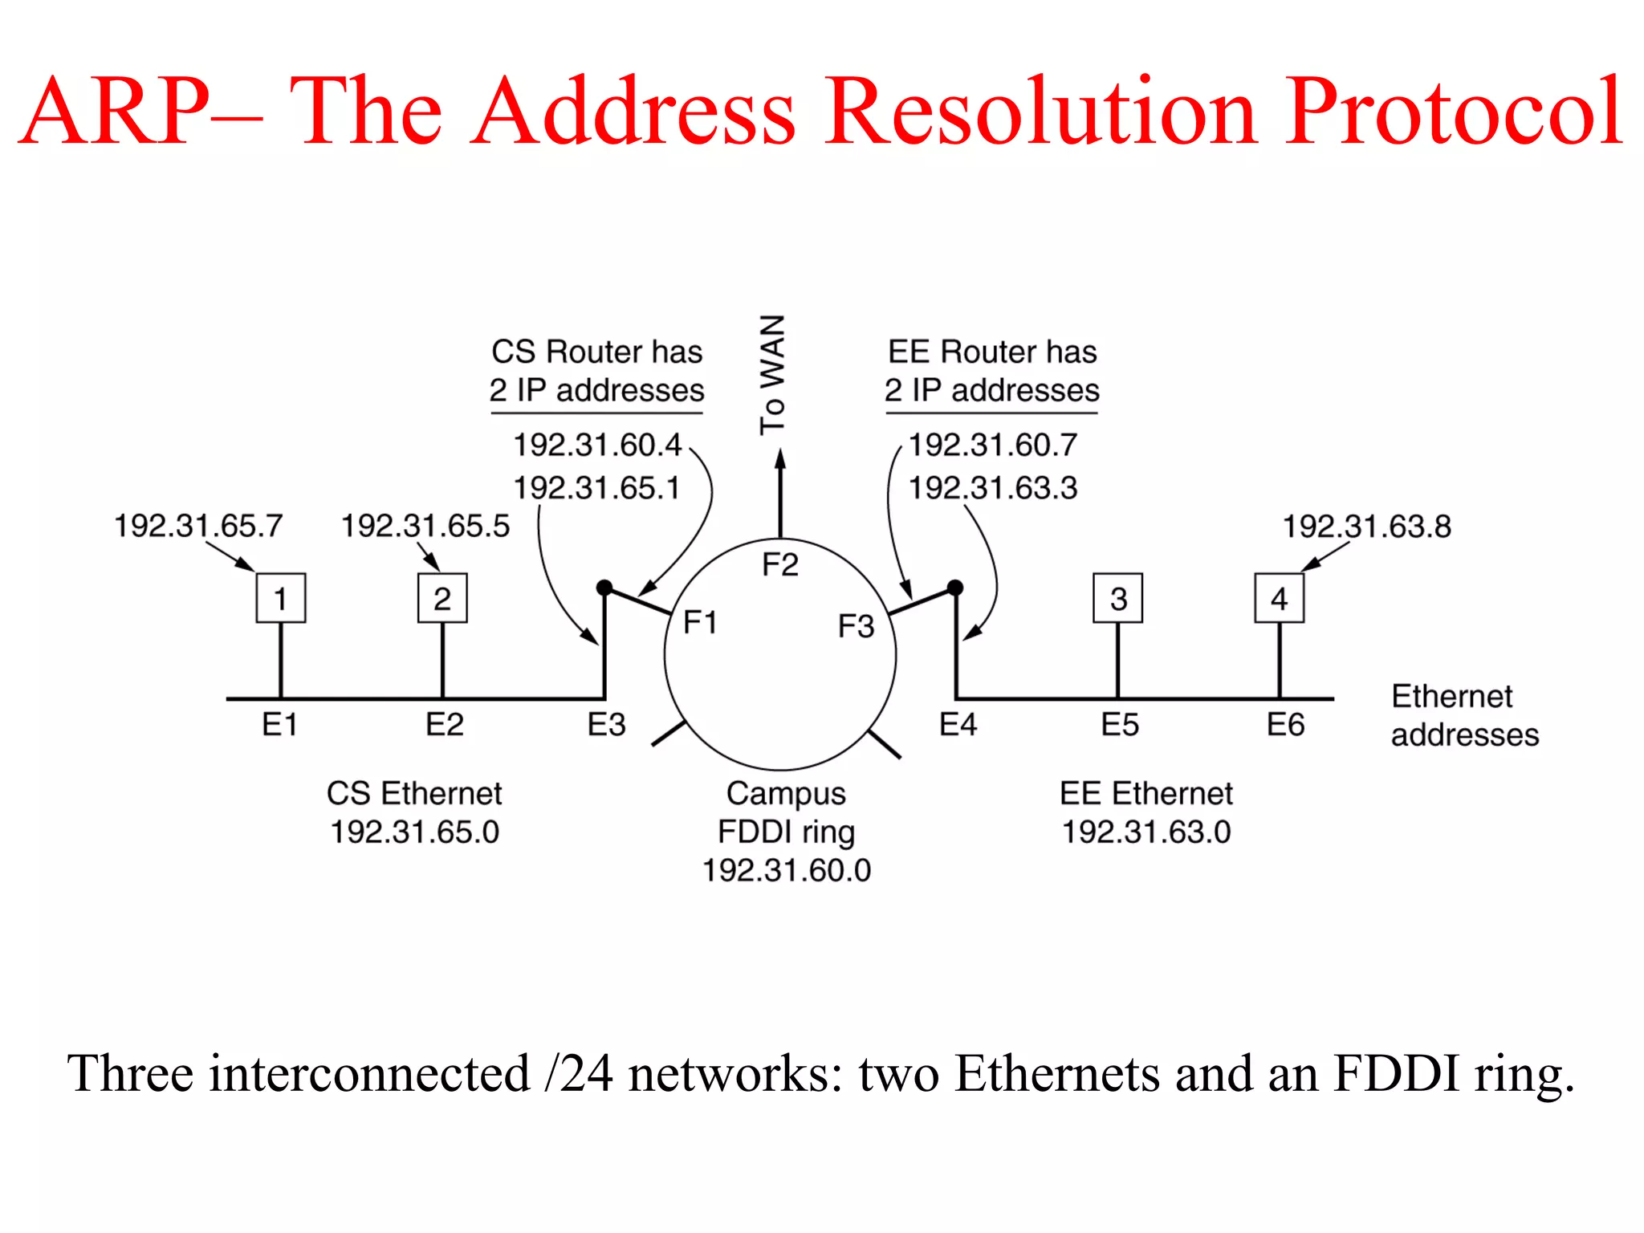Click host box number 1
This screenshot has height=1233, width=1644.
[x=280, y=598]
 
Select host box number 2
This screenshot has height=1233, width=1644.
[x=442, y=598]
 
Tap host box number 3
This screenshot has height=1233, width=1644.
[x=1117, y=598]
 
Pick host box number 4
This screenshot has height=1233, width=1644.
[x=1279, y=598]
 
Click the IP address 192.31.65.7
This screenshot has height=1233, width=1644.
[x=198, y=526]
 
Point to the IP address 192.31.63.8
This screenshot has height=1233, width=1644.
[x=1366, y=527]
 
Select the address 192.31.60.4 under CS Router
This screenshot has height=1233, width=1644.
[x=597, y=445]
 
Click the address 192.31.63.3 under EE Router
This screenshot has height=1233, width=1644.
[x=992, y=487]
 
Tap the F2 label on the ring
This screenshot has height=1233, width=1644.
[x=779, y=564]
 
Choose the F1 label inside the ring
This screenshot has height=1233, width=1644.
[x=700, y=622]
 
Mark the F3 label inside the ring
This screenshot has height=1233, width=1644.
[x=856, y=626]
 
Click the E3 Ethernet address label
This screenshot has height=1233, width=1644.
[x=606, y=725]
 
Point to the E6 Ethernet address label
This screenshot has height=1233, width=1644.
[x=1285, y=725]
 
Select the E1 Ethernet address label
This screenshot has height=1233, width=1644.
[x=279, y=725]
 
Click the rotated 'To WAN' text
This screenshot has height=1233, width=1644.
[x=772, y=374]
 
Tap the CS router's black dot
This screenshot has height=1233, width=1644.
[x=604, y=588]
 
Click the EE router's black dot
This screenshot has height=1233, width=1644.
[x=954, y=588]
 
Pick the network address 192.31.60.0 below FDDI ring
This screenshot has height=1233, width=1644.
[x=787, y=870]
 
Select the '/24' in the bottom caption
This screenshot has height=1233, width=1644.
[x=578, y=1073]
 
